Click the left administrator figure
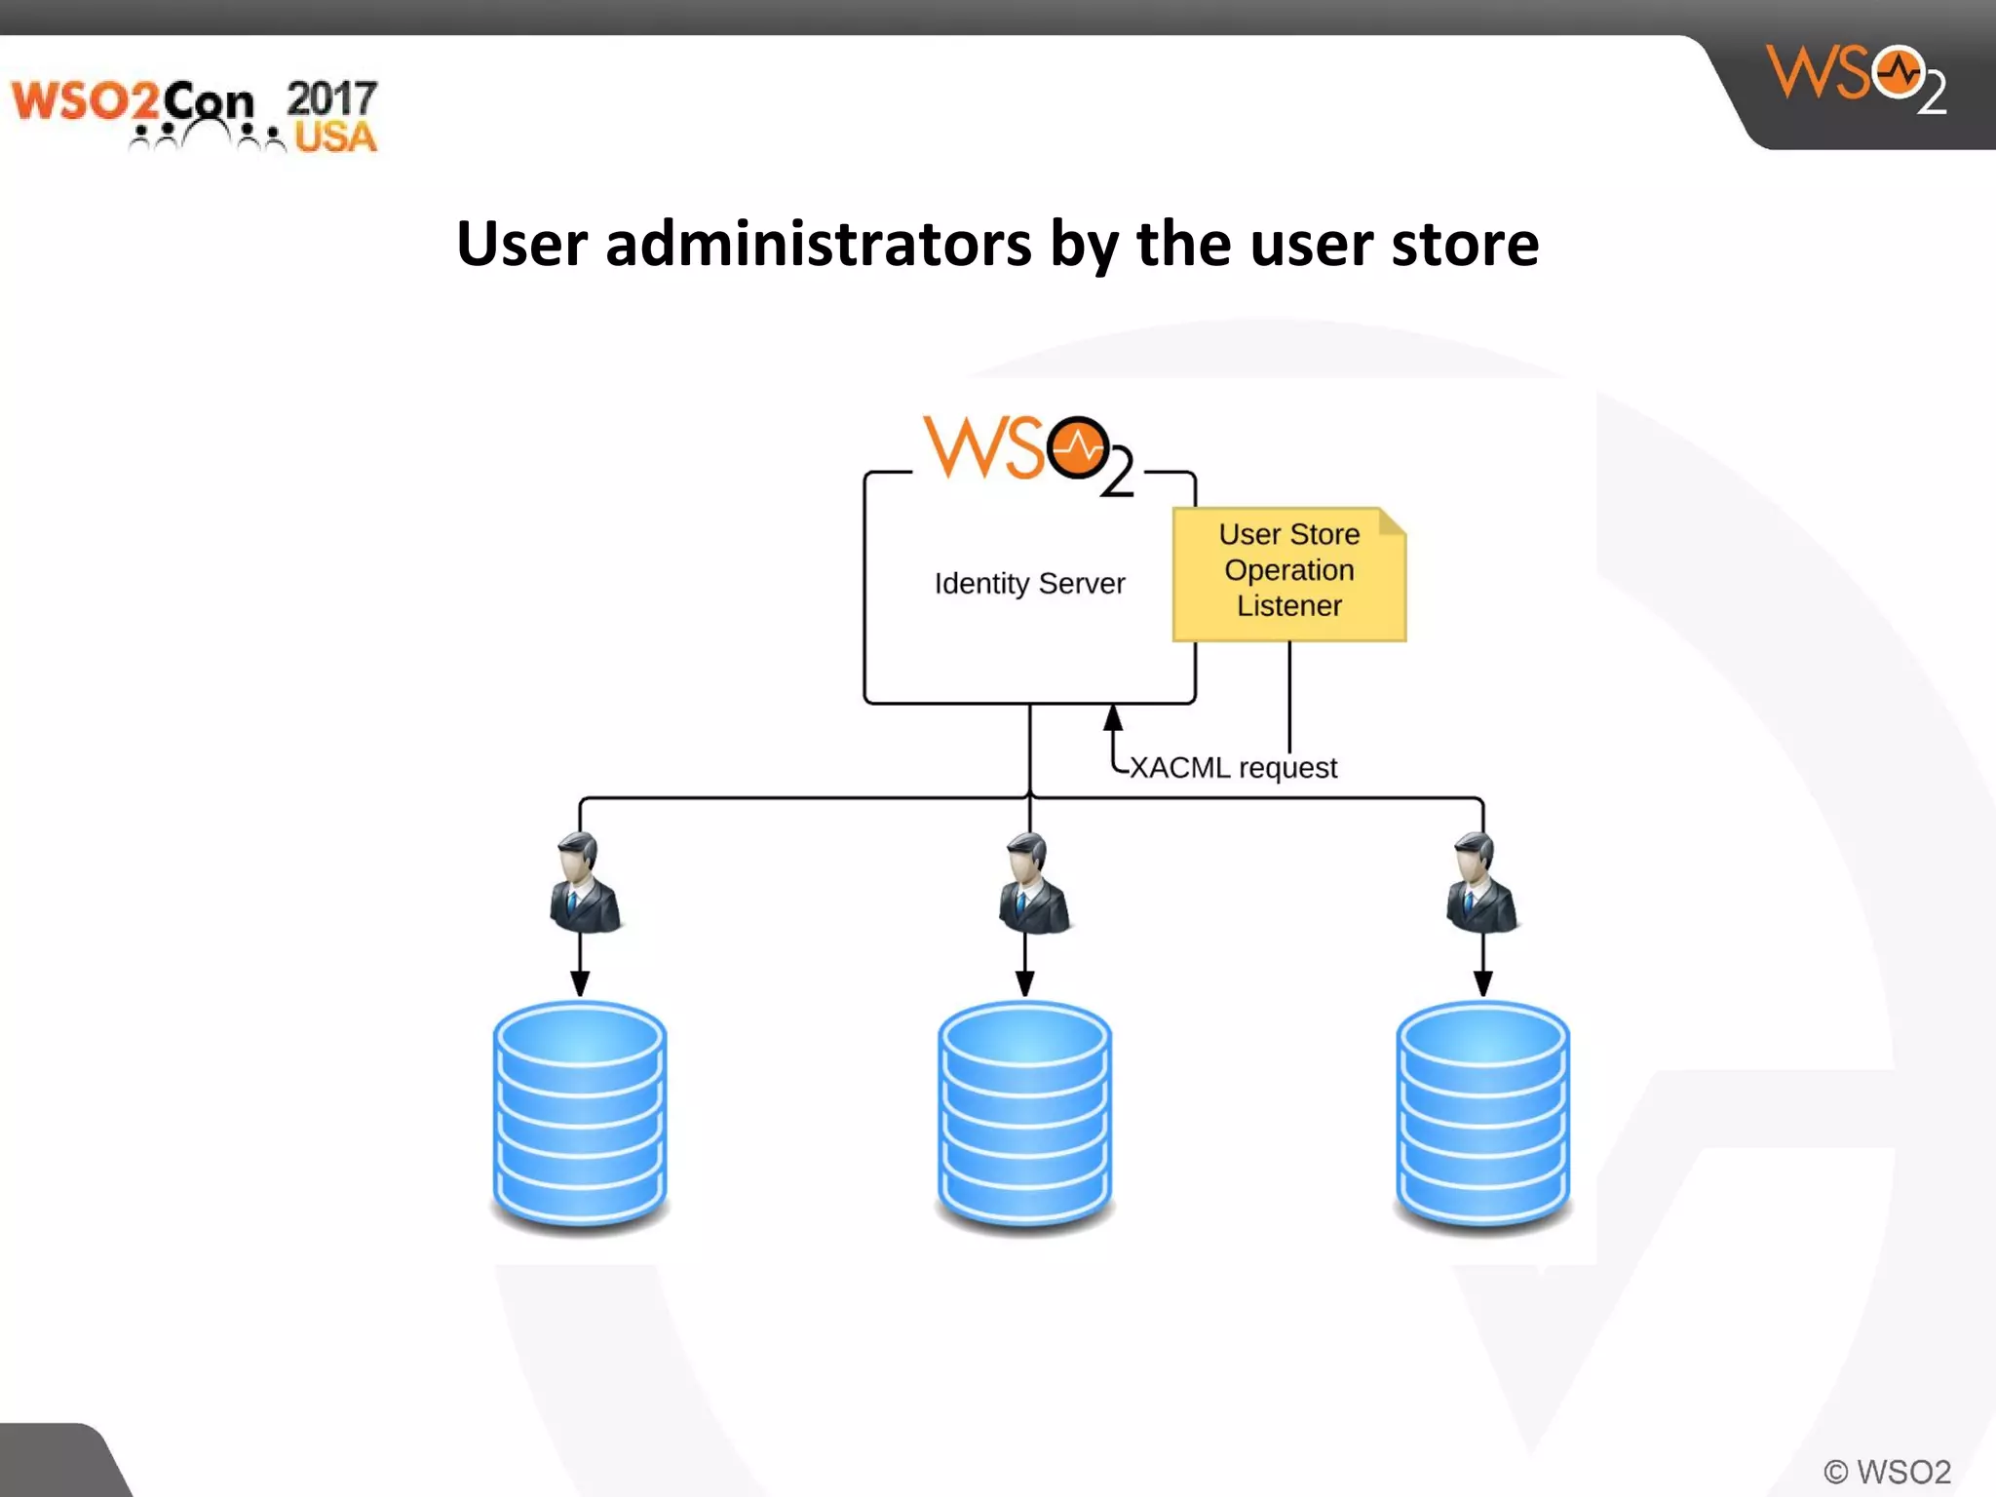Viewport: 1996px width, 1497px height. click(x=583, y=884)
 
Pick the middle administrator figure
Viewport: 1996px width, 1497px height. click(x=1031, y=884)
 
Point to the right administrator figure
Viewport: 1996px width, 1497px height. click(x=1479, y=884)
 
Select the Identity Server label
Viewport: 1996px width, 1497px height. click(x=1029, y=584)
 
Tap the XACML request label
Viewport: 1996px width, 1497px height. click(x=1233, y=768)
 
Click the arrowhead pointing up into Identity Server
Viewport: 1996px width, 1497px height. click(x=1113, y=718)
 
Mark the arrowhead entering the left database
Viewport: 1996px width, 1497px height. click(x=580, y=983)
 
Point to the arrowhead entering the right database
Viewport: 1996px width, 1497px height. click(x=1482, y=983)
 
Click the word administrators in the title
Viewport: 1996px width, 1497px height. click(x=818, y=244)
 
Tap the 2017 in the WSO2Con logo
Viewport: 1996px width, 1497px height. click(x=331, y=98)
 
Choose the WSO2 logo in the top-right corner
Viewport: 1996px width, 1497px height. click(x=1856, y=78)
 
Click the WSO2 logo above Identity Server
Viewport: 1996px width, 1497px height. click(x=1028, y=454)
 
